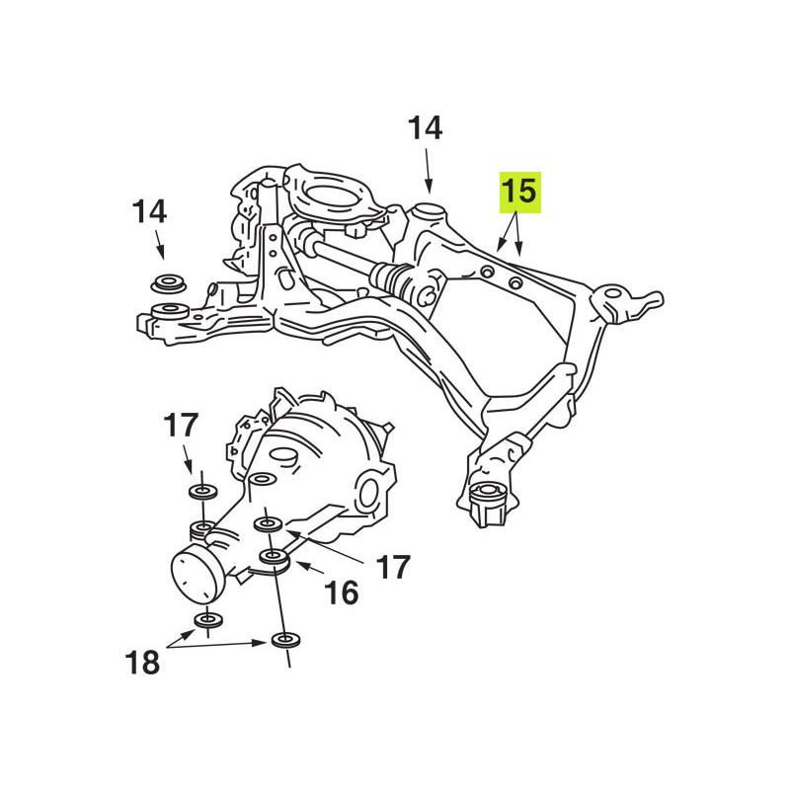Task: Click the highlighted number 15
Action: (x=519, y=192)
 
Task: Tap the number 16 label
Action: (x=342, y=592)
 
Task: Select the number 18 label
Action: (x=142, y=662)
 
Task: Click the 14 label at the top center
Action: (x=426, y=128)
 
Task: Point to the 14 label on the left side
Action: (x=150, y=212)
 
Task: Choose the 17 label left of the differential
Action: (x=181, y=426)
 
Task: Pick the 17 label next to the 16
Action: (x=393, y=568)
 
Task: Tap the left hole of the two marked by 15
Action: (x=487, y=272)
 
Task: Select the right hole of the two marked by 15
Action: (x=514, y=282)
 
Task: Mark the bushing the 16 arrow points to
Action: (x=275, y=558)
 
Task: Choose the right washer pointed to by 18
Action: (x=286, y=641)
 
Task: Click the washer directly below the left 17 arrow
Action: (x=203, y=491)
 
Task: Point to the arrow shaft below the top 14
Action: (x=428, y=170)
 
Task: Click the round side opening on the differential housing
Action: (x=369, y=495)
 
